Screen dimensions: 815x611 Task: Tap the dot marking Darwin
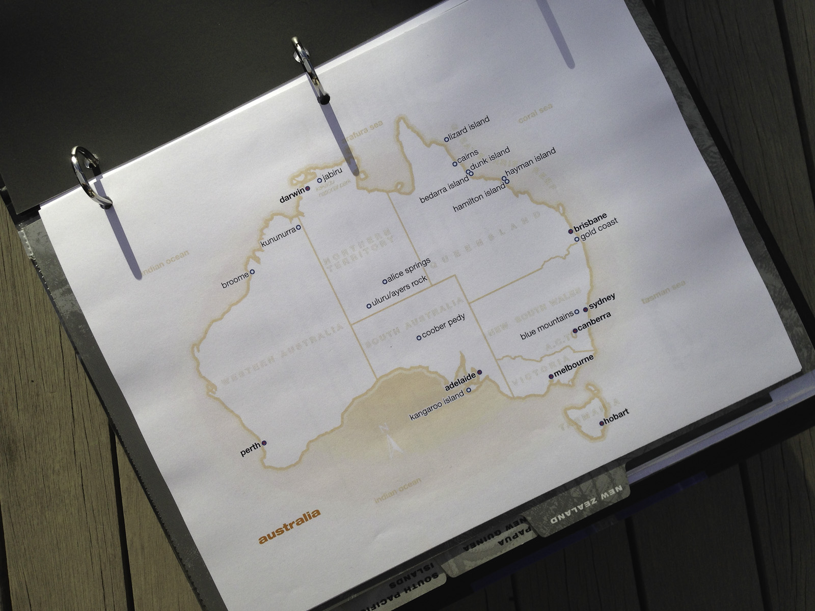(308, 189)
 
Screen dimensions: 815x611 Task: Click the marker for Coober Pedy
(419, 338)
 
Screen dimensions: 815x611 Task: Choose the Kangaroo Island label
(437, 406)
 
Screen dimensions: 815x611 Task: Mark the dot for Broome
(252, 272)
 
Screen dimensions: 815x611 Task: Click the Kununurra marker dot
(298, 227)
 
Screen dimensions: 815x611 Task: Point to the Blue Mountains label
(547, 326)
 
